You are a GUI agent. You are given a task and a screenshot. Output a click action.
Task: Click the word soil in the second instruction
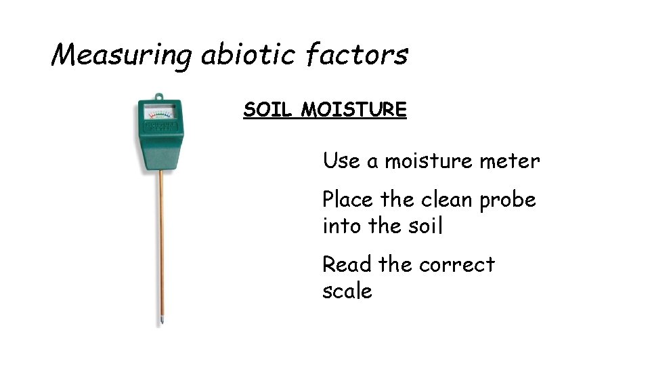(x=422, y=226)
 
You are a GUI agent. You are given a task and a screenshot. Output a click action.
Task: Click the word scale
(x=347, y=291)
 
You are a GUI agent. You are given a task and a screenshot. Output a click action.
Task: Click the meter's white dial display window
(x=160, y=111)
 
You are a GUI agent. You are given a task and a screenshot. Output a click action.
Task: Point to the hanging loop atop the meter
(x=160, y=96)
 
